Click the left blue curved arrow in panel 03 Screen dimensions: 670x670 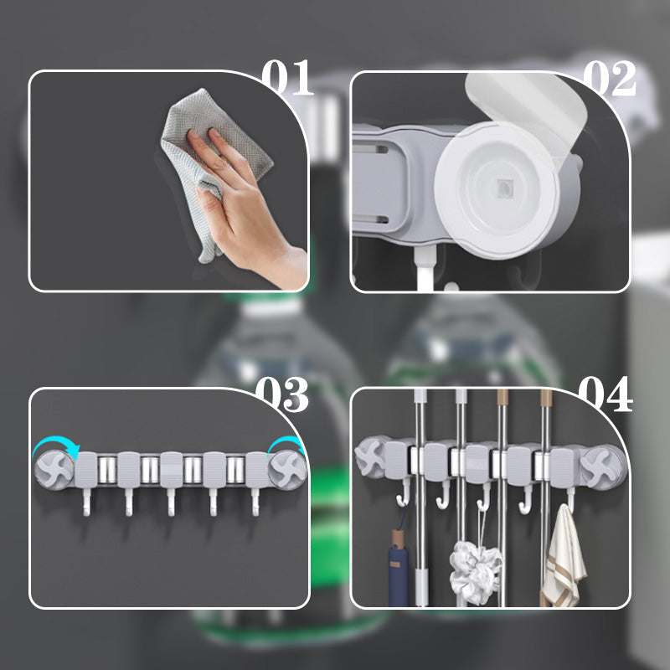52,448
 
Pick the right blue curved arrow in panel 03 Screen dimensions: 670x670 285,448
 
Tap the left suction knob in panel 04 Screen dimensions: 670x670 371,456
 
